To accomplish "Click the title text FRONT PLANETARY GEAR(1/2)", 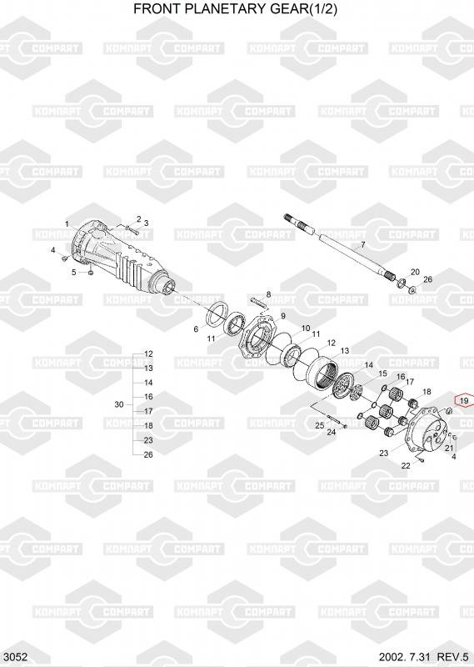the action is click(236, 8).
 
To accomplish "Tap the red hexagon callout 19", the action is click(464, 400).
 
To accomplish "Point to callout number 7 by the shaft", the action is click(362, 244).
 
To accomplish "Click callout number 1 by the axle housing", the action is click(67, 223).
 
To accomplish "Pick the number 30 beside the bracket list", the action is click(119, 404).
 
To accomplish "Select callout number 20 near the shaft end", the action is click(415, 272).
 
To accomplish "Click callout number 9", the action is click(282, 316).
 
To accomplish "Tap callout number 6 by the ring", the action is click(196, 328).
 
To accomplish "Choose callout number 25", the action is click(320, 425).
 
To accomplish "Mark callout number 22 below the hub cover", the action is click(406, 465).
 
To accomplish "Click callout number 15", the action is click(382, 374).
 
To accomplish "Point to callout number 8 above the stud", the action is click(268, 294).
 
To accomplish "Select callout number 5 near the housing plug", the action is click(73, 272).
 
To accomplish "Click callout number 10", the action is click(306, 328).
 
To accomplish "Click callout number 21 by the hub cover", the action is click(449, 448).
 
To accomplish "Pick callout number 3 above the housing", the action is click(146, 223).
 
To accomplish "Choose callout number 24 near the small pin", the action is click(332, 432).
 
